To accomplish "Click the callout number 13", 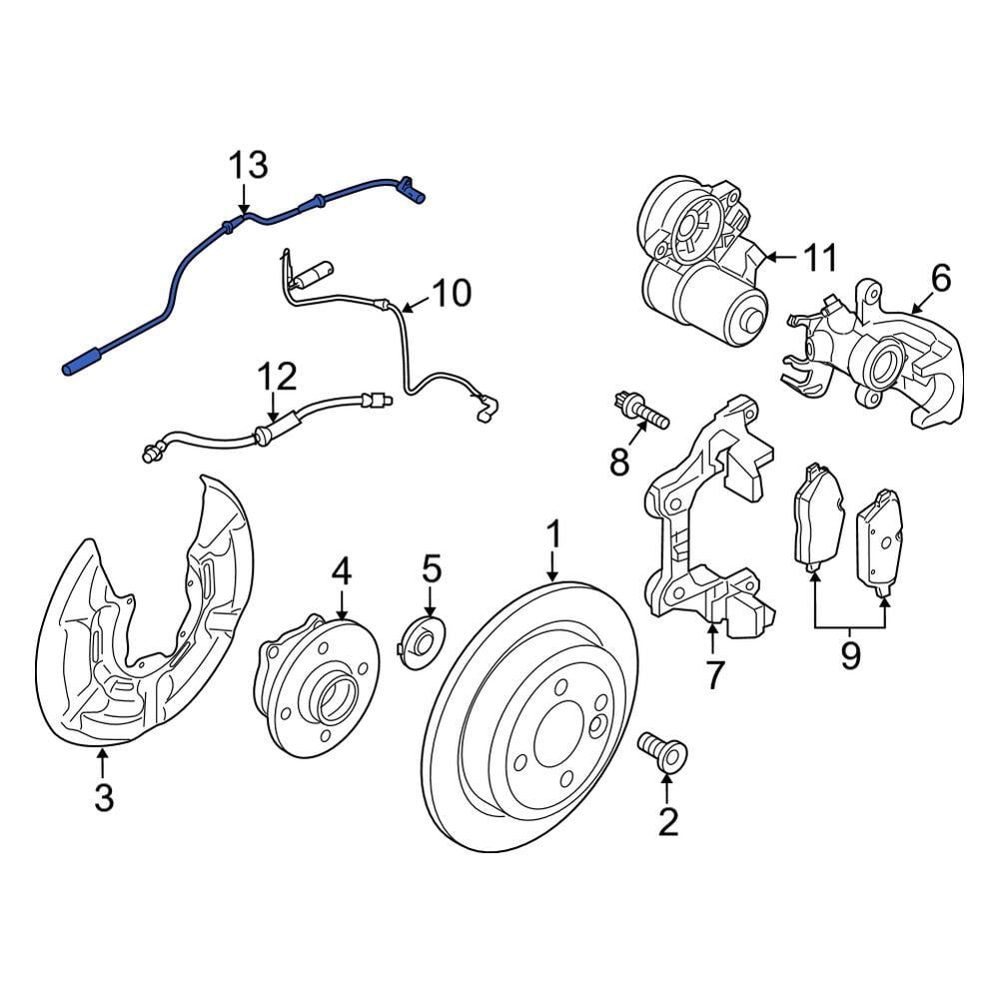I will pos(249,165).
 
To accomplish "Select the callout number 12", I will pos(277,377).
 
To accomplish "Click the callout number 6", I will pos(941,278).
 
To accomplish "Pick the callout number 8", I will pos(619,461).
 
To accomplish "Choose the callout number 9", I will pos(849,655).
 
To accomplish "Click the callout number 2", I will pos(667,821).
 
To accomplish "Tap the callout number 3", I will pos(104,797).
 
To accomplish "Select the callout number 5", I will pos(431,569).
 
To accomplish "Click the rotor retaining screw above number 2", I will pos(661,749).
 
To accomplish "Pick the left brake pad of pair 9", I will pos(816,519).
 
